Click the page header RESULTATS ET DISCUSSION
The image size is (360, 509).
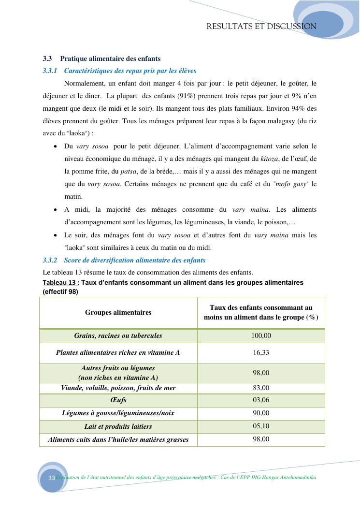(261, 27)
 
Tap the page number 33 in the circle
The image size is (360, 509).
(51, 478)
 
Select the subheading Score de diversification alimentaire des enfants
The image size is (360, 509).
(134, 260)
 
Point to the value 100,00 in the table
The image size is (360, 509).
(261, 335)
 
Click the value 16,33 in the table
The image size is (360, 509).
(261, 353)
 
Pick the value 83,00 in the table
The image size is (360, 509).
(261, 388)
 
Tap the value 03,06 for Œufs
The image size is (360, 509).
(261, 400)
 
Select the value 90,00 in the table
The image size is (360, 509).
(261, 413)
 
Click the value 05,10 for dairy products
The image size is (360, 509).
(261, 426)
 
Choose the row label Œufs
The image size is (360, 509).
(118, 401)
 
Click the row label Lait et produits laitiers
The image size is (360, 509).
(118, 427)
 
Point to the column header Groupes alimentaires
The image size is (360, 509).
(118, 312)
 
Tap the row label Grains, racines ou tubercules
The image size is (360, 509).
(118, 335)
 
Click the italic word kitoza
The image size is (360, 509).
(269, 159)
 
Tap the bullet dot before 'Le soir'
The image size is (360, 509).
(56, 235)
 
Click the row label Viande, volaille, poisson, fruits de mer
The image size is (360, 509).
(118, 388)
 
